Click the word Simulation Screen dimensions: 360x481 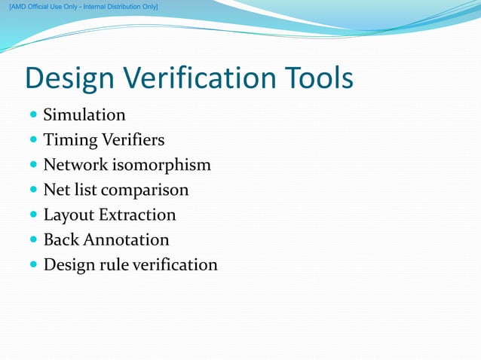pos(84,115)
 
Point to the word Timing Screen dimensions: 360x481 pos(69,141)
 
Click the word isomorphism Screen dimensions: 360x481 pos(164,165)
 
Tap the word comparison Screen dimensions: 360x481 pos(145,190)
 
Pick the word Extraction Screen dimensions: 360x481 pos(136,215)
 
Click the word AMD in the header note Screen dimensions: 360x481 pos(19,7)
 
